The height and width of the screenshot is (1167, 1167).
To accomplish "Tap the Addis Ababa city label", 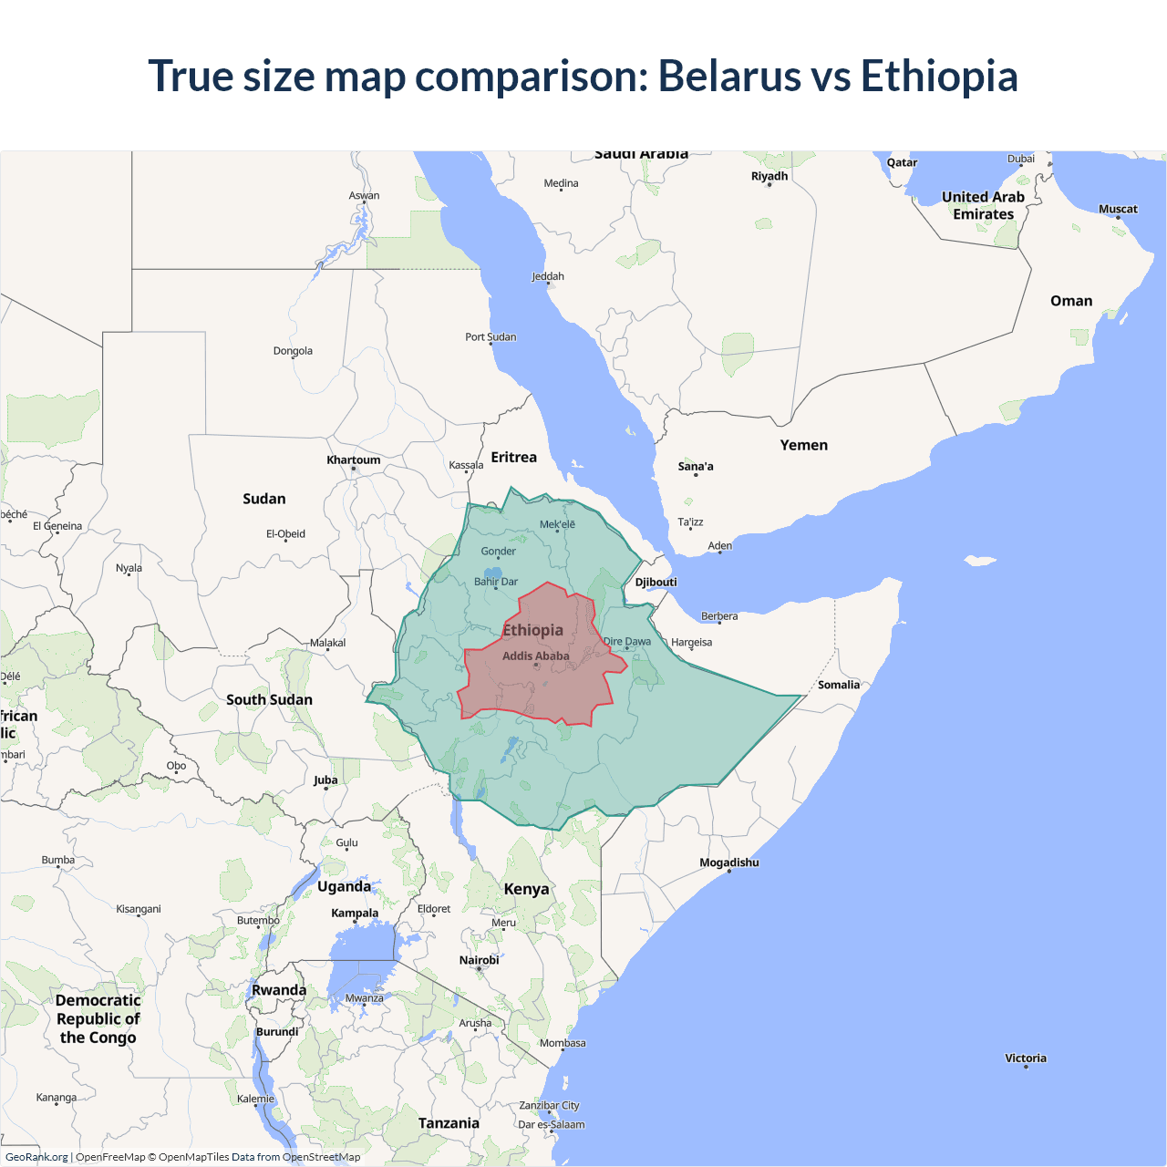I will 535,656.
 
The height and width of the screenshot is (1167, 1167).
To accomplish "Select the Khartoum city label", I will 354,460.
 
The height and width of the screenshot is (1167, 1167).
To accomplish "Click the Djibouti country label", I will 656,582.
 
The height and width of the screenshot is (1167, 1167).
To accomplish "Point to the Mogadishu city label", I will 728,862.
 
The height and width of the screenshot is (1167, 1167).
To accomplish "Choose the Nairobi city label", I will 479,960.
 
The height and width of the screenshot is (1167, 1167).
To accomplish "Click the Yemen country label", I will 803,445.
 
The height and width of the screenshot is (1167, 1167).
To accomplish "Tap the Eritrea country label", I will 513,457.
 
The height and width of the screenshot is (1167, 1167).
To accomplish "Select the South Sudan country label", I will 269,699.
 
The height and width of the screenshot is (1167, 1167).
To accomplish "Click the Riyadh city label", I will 769,176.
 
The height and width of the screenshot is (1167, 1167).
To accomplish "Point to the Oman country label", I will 1070,301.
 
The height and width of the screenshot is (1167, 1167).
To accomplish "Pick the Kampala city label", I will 355,913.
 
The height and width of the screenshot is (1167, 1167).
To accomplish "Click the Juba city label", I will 325,780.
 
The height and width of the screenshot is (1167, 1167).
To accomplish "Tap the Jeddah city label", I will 548,276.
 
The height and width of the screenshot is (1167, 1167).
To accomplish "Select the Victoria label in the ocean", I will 1026,1059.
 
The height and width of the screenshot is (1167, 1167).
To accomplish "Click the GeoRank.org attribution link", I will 36,1157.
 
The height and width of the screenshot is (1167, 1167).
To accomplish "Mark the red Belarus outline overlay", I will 547,693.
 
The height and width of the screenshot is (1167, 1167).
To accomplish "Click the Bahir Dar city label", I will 495,582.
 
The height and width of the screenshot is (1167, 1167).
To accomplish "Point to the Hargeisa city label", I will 691,642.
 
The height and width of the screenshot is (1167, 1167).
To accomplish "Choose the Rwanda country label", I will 279,990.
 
